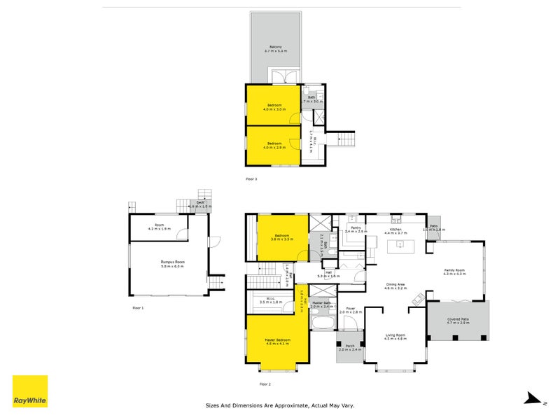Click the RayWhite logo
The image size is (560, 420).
[30, 391]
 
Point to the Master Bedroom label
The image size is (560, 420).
[278, 339]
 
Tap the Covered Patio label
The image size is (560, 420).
[458, 318]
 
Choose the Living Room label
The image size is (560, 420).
[395, 335]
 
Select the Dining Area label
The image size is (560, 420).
[395, 283]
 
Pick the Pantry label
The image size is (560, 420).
[356, 227]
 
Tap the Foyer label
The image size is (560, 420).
[351, 307]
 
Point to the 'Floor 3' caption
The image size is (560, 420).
[251, 179]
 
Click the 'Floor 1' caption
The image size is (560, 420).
[138, 307]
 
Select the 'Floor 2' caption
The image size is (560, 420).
[265, 384]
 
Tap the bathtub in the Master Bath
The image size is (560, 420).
[323, 323]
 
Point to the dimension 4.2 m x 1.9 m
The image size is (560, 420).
[160, 229]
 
